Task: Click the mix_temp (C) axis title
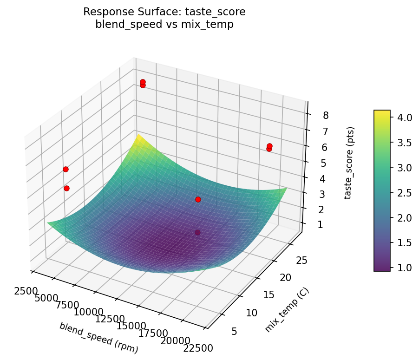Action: click(287, 310)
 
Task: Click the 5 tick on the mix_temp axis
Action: click(234, 331)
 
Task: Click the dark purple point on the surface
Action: click(198, 232)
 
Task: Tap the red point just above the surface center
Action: click(198, 199)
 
